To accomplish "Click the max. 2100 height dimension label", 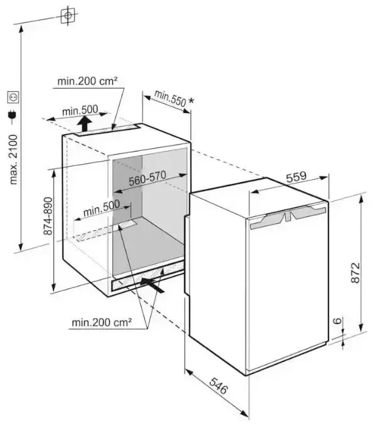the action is (13, 159).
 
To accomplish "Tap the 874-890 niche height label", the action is (48, 216).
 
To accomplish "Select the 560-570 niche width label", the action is (148, 178).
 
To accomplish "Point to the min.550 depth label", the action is (170, 98).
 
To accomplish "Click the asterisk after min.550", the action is (191, 101).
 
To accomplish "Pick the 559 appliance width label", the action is (297, 177).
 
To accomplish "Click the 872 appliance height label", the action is (355, 273).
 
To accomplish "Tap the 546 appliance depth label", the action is (219, 385).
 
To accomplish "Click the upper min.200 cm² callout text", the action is (87, 81).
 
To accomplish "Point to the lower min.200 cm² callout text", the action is (102, 322).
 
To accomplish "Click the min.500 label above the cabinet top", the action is (80, 111).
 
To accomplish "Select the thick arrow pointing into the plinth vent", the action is (153, 285).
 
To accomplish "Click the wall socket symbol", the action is (13, 97).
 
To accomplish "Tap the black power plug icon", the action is (13, 116).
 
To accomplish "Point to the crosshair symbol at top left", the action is (68, 15).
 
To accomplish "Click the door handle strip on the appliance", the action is (288, 217).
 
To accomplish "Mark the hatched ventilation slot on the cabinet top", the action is (107, 130).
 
